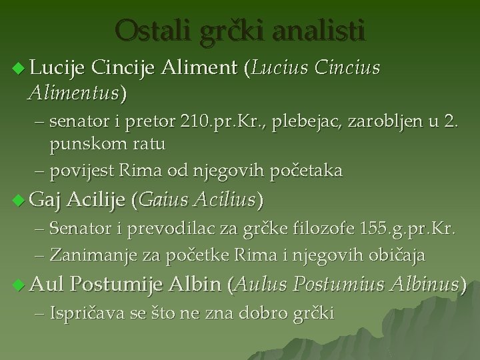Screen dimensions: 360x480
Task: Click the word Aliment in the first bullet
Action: pos(209,67)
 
